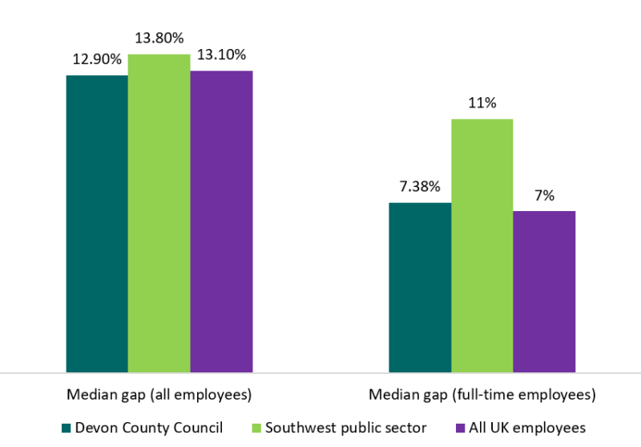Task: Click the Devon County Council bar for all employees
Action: click(x=97, y=224)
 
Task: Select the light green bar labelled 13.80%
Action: click(x=159, y=213)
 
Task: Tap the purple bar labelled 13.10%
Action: click(x=221, y=221)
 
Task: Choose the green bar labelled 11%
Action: click(x=482, y=246)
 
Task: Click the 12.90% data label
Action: click(x=97, y=59)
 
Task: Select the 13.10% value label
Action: click(x=221, y=55)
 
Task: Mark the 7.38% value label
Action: click(x=420, y=186)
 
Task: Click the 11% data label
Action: click(x=482, y=103)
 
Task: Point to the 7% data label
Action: click(x=544, y=195)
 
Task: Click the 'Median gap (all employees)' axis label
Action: click(x=159, y=395)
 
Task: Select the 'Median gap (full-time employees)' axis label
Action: click(x=482, y=395)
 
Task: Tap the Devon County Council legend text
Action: click(x=149, y=427)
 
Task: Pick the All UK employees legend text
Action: click(x=527, y=427)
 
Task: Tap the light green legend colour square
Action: click(x=256, y=428)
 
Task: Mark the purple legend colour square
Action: click(x=459, y=428)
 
